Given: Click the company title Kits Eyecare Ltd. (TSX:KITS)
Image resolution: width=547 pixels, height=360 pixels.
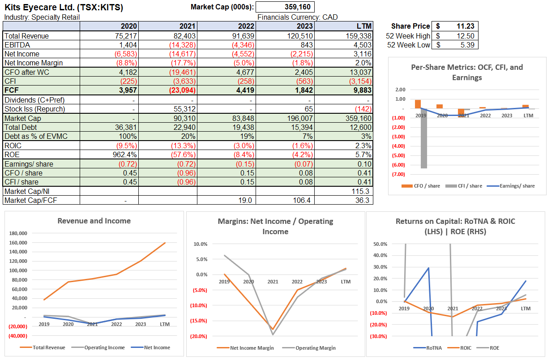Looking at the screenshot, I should point(63,7).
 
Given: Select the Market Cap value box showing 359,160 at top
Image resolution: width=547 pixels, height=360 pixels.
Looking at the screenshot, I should point(285,7).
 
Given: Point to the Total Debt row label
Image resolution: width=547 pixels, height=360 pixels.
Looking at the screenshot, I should point(23,127).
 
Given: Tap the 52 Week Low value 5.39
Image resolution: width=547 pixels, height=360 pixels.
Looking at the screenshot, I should point(466,45).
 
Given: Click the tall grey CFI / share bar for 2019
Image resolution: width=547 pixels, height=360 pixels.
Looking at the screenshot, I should point(424,138).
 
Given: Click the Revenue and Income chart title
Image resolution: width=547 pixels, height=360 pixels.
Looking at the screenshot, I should point(94,221).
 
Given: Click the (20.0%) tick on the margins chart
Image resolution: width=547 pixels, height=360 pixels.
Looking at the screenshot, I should point(200,336).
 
